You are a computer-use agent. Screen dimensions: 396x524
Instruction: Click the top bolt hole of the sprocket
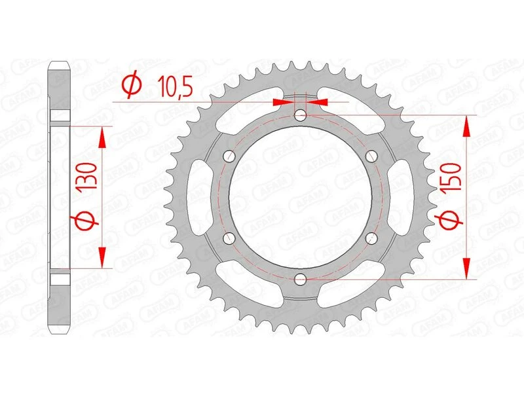click(x=300, y=116)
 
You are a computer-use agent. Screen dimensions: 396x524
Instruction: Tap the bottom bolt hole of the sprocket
click(x=300, y=279)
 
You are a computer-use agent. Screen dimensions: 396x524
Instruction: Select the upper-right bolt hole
click(x=371, y=156)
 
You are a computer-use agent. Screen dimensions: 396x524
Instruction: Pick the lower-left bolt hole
click(x=229, y=238)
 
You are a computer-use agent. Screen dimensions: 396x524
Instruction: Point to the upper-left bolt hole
click(x=229, y=156)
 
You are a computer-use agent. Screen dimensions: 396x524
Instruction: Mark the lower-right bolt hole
click(x=371, y=238)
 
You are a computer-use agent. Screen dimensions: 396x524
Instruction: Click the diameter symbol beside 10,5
click(x=131, y=85)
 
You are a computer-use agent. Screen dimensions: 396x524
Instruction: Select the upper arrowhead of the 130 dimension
click(x=102, y=135)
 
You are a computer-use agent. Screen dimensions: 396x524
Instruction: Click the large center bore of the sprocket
click(x=300, y=198)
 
